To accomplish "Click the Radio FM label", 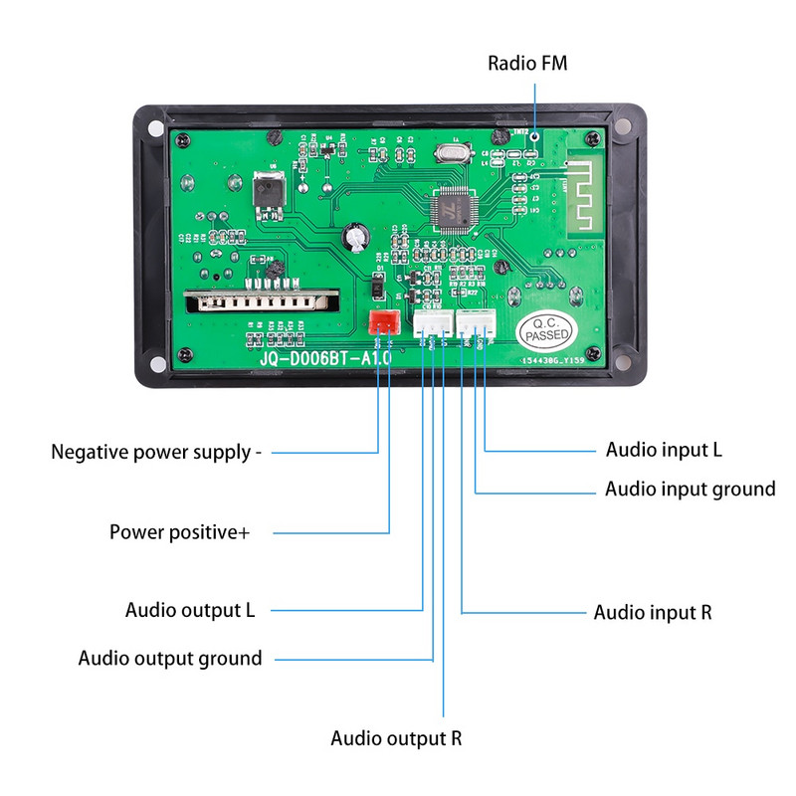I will pos(527,64).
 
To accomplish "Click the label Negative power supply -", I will pos(156,453).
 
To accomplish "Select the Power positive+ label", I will pos(179,532).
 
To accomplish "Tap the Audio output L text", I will pos(190,610).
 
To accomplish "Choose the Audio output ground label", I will pos(170,659).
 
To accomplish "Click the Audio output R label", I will pos(396,738).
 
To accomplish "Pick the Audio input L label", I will pos(664,450).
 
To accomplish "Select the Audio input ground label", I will pos(690,490).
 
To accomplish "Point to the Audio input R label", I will pos(653,612).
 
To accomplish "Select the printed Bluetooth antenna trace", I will pos(583,195).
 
